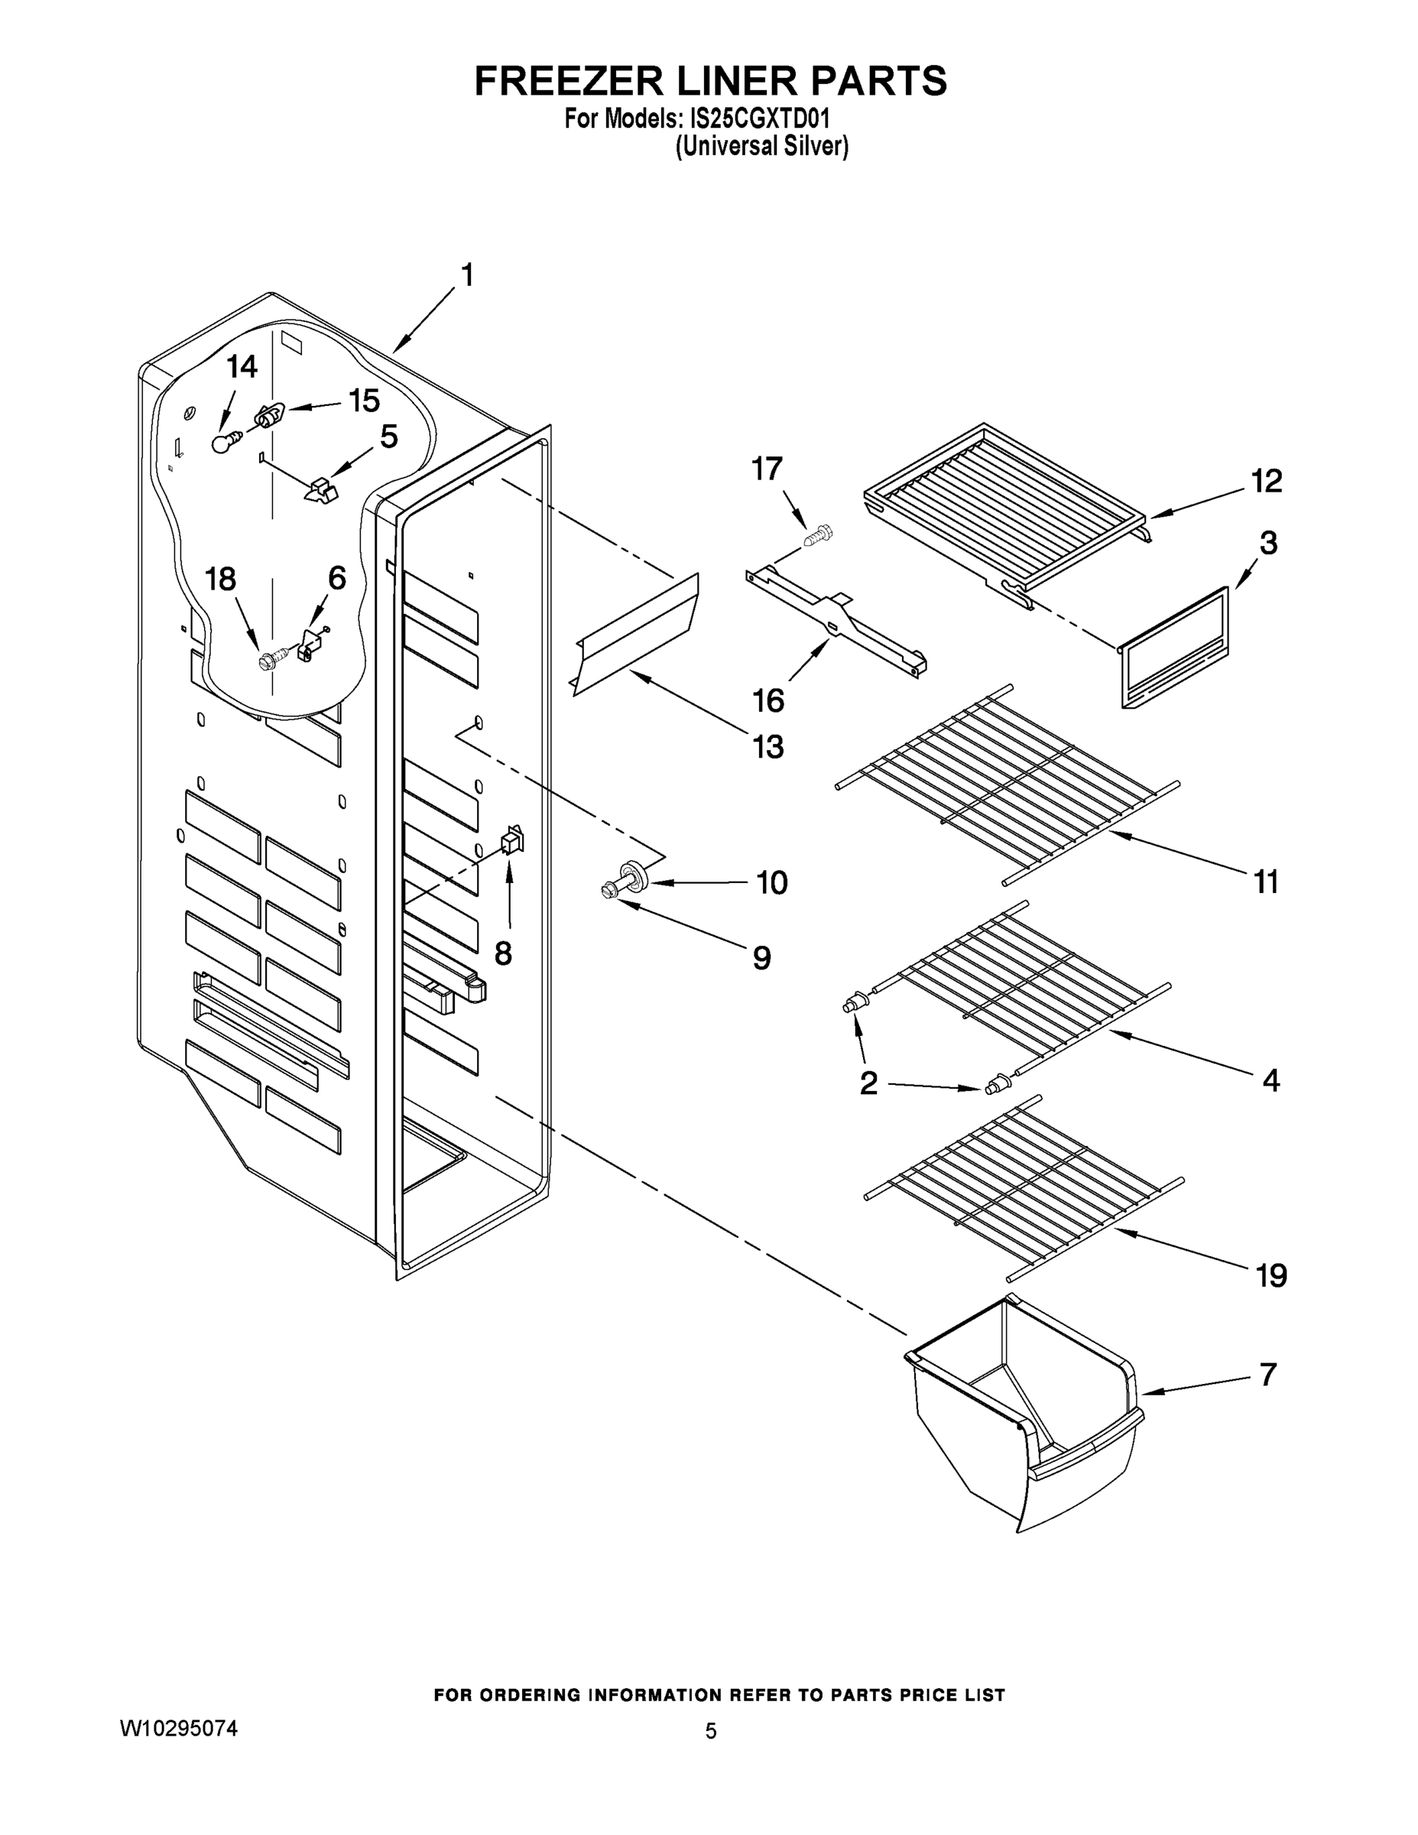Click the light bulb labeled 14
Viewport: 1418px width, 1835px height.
(222, 441)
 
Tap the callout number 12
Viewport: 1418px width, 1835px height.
(1267, 482)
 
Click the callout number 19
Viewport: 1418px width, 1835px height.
(1271, 1275)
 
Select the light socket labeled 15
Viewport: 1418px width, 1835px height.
(269, 415)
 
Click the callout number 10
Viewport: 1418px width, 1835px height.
(771, 883)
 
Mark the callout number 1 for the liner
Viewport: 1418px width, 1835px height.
(467, 275)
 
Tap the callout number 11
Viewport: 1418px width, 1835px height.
(1265, 882)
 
